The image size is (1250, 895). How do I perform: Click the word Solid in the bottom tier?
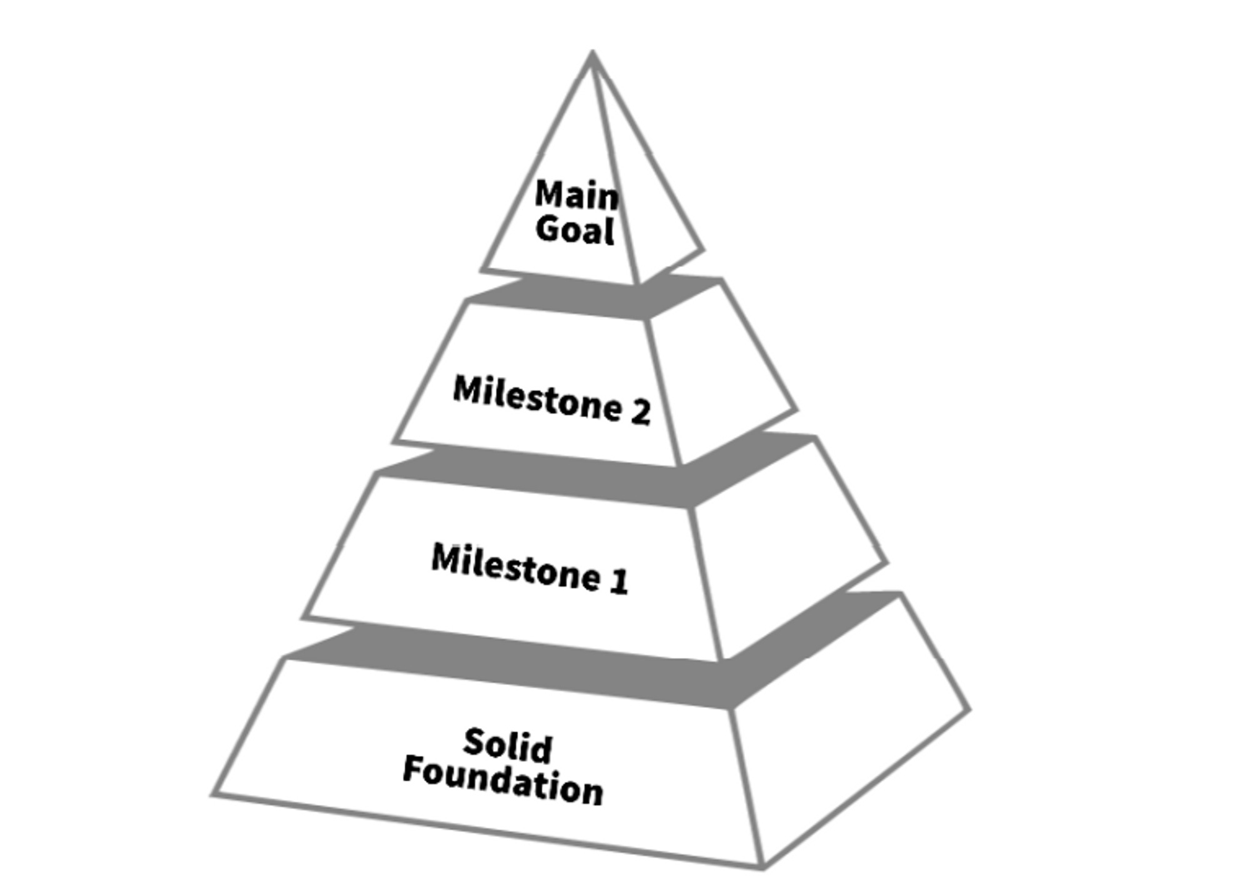pyautogui.click(x=507, y=746)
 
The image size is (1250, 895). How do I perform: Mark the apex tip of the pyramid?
pyautogui.click(x=592, y=54)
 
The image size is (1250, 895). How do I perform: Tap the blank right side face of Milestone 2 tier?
pyautogui.click(x=719, y=375)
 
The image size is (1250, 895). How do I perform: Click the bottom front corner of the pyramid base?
pyautogui.click(x=762, y=866)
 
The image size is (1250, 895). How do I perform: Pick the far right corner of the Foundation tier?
pyautogui.click(x=968, y=710)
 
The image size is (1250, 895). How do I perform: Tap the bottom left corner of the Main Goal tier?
pyautogui.click(x=483, y=270)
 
